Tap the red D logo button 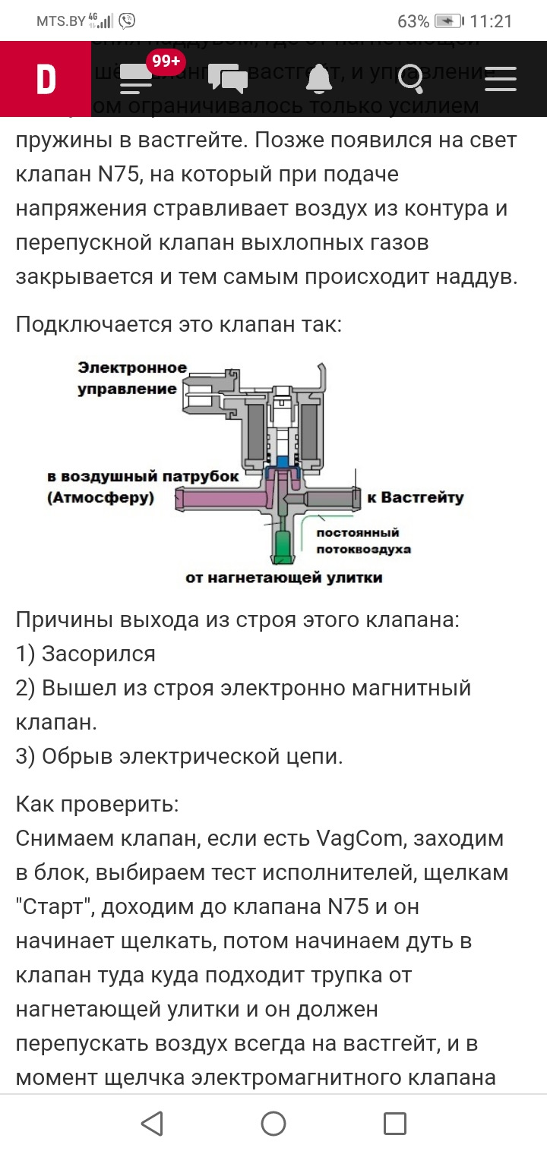pos(46,79)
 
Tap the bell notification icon pos(319,79)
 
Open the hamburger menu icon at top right pos(501,79)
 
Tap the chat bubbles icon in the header pos(228,79)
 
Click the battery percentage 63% pos(413,20)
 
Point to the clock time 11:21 pos(492,20)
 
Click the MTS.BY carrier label pos(61,20)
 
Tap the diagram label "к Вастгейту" pos(415,498)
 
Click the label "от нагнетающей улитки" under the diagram pos(283,578)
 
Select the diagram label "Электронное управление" pos(132,378)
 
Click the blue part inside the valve pos(283,460)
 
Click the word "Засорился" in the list pos(99,654)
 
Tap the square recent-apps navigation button pos(394,1124)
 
